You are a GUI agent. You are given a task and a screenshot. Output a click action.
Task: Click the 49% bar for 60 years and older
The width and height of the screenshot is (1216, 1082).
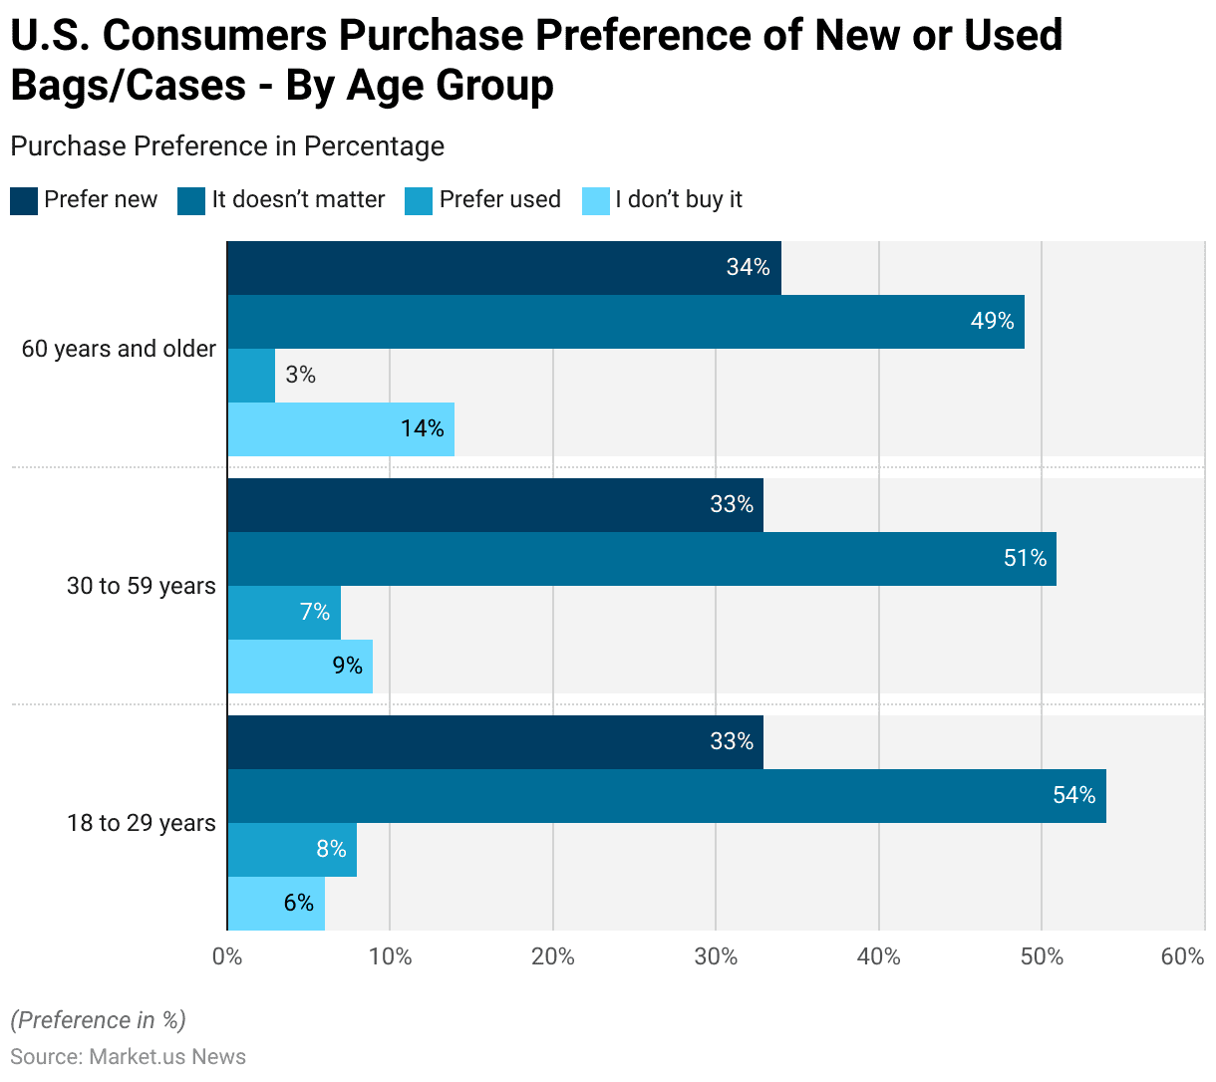tap(626, 322)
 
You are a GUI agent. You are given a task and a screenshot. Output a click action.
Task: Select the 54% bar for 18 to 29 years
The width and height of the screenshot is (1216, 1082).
tap(667, 796)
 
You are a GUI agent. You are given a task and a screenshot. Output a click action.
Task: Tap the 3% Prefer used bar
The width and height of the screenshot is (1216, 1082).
tap(251, 376)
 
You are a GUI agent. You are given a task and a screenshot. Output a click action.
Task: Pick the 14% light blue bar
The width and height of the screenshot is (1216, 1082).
tap(341, 429)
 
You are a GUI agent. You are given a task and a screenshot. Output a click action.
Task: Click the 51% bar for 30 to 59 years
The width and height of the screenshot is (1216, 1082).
tap(642, 559)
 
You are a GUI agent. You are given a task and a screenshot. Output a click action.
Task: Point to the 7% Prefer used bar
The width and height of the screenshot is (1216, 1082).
tap(284, 613)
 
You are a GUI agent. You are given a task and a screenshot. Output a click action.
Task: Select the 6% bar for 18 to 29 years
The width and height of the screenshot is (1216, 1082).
tap(276, 904)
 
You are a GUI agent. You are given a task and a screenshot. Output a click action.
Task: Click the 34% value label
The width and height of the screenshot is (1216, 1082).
tap(748, 268)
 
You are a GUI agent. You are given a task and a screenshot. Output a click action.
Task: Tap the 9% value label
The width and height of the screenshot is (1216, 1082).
tap(347, 667)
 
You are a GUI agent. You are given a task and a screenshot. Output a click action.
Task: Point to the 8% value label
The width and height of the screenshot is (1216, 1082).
tap(331, 850)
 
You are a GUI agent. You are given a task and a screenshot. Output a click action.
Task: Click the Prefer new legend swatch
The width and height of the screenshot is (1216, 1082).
tap(24, 200)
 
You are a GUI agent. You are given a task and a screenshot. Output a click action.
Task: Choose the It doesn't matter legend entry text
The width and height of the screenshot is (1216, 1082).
tap(298, 200)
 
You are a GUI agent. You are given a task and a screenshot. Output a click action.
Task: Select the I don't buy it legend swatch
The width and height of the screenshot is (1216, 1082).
tap(595, 200)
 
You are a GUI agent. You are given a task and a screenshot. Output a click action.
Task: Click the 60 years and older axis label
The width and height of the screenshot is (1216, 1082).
tap(119, 350)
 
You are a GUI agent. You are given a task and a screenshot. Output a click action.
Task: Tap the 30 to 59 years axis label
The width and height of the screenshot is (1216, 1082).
tap(141, 587)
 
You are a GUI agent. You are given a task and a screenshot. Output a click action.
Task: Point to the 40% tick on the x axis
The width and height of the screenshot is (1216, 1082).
tap(878, 957)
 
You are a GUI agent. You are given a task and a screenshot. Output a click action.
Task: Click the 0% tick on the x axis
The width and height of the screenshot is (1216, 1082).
tap(227, 957)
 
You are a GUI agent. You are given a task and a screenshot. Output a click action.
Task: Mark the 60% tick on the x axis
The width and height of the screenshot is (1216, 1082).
tap(1182, 957)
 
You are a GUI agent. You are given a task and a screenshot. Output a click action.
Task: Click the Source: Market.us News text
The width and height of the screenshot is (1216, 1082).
tap(129, 1057)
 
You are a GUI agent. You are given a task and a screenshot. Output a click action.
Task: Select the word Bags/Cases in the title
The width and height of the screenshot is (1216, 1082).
tap(129, 86)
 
